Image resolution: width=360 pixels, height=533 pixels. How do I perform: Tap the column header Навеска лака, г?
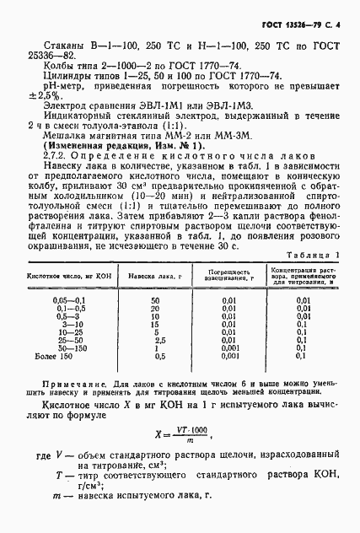pos(155,275)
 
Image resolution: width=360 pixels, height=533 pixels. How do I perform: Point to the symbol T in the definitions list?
pos(58,476)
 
